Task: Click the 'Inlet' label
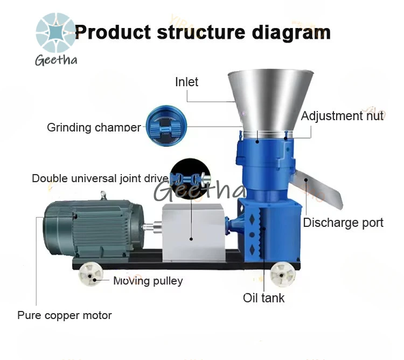point(186,82)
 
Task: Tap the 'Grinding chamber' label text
point(94,127)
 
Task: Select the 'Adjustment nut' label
point(342,116)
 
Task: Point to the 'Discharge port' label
point(343,223)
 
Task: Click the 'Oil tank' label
point(263,298)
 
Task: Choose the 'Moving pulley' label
point(148,281)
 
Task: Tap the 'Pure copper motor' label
point(65,315)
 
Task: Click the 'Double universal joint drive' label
point(100,178)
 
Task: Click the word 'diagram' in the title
point(291,33)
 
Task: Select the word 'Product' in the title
point(113,32)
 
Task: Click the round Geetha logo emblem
point(55,32)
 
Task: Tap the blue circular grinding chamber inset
point(166,126)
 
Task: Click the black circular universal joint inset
point(190,178)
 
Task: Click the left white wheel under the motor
point(90,274)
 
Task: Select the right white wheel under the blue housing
point(283,274)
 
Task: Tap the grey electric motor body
point(93,228)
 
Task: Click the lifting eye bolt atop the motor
point(103,195)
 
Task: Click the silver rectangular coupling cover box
point(193,232)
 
